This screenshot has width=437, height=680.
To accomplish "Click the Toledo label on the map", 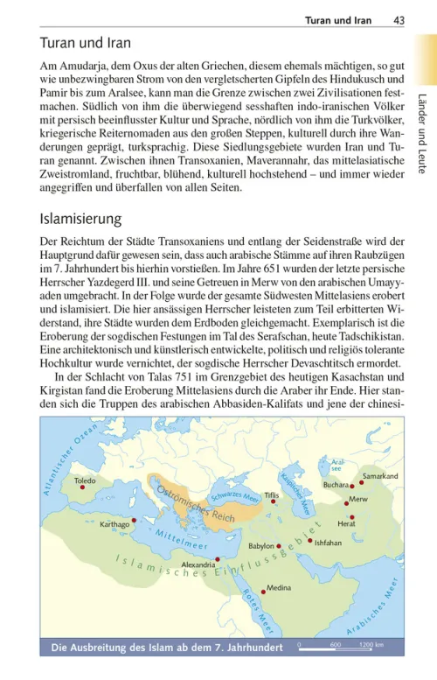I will coord(86,481).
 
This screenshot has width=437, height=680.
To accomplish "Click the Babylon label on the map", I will coord(261,545).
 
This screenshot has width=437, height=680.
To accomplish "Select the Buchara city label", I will coord(336,483).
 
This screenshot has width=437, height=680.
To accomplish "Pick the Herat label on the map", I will coord(346,523).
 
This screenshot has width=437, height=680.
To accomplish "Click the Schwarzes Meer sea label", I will coord(237,496).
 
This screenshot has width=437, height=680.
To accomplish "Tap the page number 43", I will coord(399,19).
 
